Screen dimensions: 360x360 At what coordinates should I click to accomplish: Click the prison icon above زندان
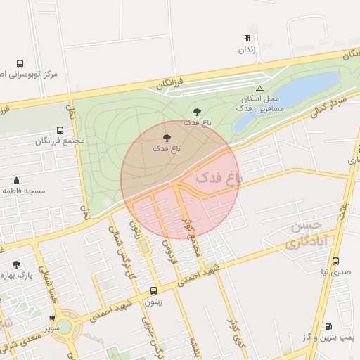pyautogui.click(x=247, y=39)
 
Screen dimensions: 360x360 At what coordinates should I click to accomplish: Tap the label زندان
pyautogui.click(x=246, y=50)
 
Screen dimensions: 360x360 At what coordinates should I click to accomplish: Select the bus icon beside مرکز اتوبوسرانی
pyautogui.click(x=20, y=63)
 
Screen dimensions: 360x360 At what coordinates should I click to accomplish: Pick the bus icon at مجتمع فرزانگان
pyautogui.click(x=60, y=130)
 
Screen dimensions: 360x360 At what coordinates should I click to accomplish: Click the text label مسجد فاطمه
pyautogui.click(x=23, y=191)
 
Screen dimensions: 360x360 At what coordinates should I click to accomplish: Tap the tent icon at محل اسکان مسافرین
pyautogui.click(x=259, y=89)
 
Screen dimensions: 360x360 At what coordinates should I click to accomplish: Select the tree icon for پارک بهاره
pyautogui.click(x=16, y=265)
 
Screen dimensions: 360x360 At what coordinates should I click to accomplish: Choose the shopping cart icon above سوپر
pyautogui.click(x=52, y=319)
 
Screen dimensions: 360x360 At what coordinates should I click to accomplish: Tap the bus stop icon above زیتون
pyautogui.click(x=153, y=290)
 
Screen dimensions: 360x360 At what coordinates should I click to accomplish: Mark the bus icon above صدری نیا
pyautogui.click(x=335, y=261)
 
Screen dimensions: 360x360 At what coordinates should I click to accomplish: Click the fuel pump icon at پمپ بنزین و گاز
pyautogui.click(x=328, y=326)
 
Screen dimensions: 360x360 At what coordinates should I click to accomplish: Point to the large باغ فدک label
pyautogui.click(x=218, y=176)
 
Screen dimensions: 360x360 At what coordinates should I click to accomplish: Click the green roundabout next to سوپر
pyautogui.click(x=64, y=326)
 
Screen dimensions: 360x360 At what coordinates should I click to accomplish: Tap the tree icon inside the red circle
pyautogui.click(x=166, y=138)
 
